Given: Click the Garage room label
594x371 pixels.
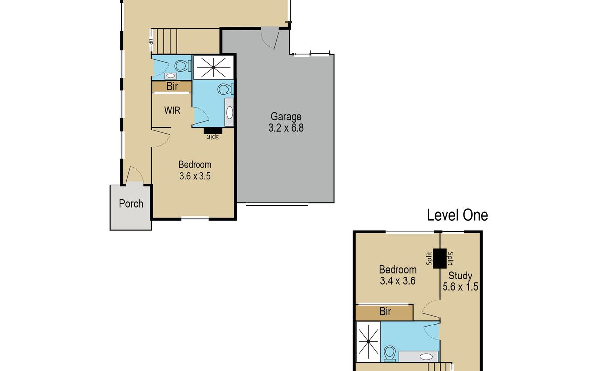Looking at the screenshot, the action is pos(286,117).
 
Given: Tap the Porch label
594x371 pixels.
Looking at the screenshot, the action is pos(131,204).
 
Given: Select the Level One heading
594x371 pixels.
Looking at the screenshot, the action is pos(457,215).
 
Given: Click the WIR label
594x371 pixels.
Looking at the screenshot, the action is pos(172,110).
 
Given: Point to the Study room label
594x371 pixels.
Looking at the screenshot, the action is pos(460,276).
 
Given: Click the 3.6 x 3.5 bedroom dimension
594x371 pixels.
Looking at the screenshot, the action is pos(195,176).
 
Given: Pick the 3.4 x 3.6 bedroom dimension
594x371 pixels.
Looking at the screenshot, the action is pos(397,281).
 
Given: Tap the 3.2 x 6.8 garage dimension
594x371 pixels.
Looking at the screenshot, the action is pos(286,128).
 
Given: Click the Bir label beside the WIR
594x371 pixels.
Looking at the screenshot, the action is pos(172,86).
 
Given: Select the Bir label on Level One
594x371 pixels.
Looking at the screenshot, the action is pos(385,311).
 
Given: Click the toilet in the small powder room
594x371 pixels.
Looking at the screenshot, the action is pos(183,66).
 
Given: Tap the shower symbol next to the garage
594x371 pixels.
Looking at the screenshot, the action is pos(213,67).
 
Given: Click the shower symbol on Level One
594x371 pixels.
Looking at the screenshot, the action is pos(368,342).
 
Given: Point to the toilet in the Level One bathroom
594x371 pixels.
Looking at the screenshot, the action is pos(390,354).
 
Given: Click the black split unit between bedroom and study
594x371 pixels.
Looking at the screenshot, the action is pos(440,259).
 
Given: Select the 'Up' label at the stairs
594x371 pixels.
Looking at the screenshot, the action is pos(151,42).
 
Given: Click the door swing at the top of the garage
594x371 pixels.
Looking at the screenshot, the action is pos(270,39).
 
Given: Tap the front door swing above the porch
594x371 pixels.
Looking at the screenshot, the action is pos(135,174).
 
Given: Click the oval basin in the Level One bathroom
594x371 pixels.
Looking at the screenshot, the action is pos(426,357).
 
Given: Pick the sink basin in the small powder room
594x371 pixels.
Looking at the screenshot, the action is pos(170,76).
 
